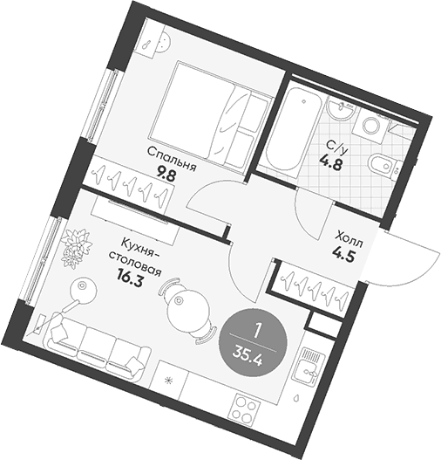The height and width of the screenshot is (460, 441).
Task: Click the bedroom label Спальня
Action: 172,159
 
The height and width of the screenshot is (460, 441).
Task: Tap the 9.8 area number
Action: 166,175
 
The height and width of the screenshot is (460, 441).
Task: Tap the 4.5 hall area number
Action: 343,254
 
